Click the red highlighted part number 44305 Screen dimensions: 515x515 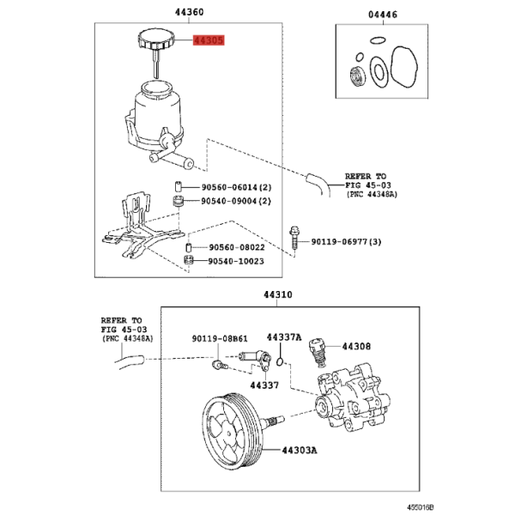pyautogui.click(x=209, y=40)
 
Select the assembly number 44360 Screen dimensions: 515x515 pyautogui.click(x=189, y=12)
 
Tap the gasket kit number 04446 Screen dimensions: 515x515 pyautogui.click(x=383, y=15)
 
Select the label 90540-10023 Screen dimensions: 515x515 pyautogui.click(x=236, y=261)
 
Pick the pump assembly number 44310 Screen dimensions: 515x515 pyautogui.click(x=278, y=294)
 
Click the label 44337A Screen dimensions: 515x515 pyautogui.click(x=284, y=337)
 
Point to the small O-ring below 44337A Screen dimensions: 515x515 pyautogui.click(x=280, y=362)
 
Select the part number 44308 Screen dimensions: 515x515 pyautogui.click(x=356, y=347)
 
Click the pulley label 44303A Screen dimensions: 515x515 pyautogui.click(x=300, y=451)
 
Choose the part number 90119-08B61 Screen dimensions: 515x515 pyautogui.click(x=220, y=339)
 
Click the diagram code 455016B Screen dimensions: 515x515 pyautogui.click(x=421, y=507)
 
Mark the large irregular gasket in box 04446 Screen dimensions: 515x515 pyautogui.click(x=404, y=68)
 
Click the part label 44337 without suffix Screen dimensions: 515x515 pyautogui.click(x=264, y=385)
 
